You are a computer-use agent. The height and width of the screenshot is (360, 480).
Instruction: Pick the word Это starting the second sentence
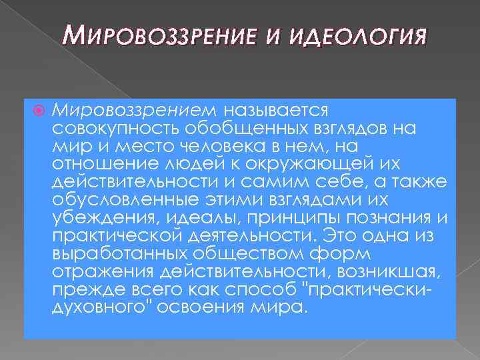(335, 236)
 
